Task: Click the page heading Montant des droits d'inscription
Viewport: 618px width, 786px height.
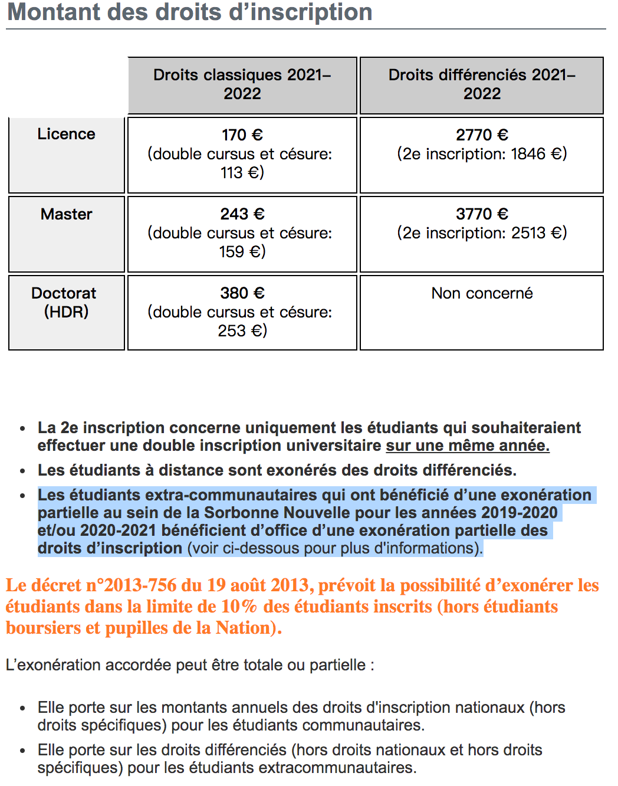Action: click(189, 12)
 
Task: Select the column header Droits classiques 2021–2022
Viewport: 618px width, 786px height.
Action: click(242, 84)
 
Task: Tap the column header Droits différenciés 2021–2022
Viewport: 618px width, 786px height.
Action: click(482, 84)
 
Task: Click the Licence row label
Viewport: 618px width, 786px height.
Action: click(66, 135)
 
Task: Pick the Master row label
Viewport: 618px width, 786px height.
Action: click(66, 214)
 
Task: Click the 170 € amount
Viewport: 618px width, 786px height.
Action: click(242, 135)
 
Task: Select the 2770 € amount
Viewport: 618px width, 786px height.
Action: click(482, 135)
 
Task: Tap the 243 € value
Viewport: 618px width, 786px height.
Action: click(242, 214)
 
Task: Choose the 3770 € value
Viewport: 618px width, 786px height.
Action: click(482, 214)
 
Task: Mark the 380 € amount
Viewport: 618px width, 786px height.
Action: click(242, 293)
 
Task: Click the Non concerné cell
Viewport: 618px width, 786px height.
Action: click(482, 293)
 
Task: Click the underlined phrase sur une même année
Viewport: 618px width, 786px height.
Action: click(468, 446)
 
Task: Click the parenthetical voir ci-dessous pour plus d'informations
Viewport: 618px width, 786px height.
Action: click(335, 548)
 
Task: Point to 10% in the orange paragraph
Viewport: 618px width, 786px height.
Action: click(239, 607)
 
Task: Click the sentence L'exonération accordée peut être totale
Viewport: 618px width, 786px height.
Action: click(189, 665)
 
